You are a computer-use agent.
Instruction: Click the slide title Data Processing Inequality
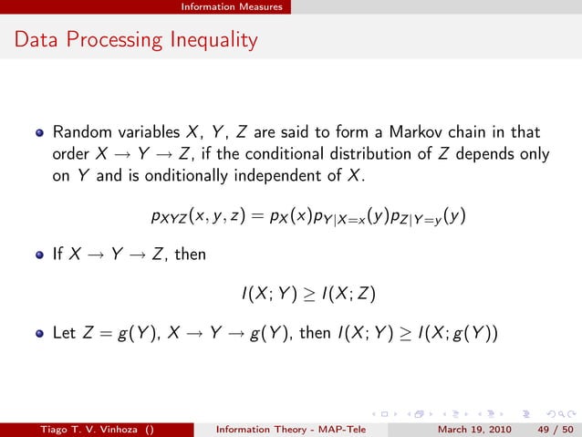(x=136, y=40)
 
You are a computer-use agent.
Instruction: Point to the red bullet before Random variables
(x=39, y=133)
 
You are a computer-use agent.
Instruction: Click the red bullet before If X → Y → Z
(x=39, y=255)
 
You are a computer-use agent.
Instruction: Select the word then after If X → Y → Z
(x=191, y=255)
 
